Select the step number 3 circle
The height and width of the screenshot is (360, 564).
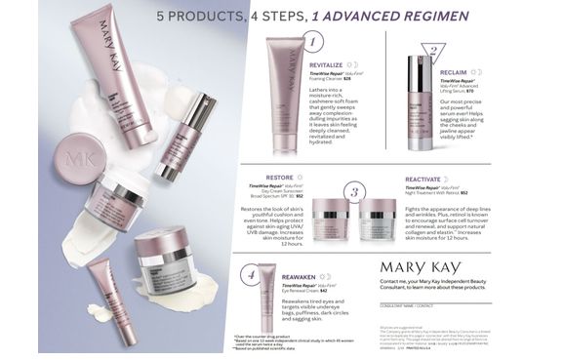(356, 192)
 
